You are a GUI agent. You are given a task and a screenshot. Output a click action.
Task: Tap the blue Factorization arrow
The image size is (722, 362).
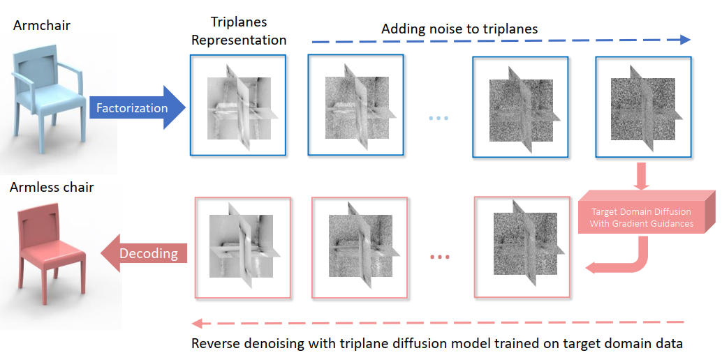[137, 108]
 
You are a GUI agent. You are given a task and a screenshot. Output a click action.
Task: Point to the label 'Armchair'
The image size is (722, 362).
[41, 26]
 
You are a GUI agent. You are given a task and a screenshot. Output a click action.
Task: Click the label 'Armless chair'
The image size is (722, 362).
[51, 187]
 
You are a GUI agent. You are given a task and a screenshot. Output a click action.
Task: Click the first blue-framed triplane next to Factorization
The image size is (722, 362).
[238, 105]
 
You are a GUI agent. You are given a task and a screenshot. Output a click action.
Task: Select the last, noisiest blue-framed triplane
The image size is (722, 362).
[642, 106]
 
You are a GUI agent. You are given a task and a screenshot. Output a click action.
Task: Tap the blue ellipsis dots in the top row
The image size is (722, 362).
[439, 117]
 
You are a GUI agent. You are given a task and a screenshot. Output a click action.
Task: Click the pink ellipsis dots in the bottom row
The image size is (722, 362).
[439, 258]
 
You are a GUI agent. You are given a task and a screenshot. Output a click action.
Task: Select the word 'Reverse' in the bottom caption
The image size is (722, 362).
[214, 344]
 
